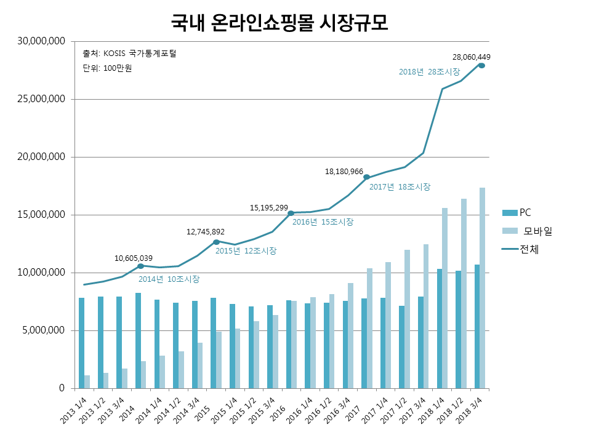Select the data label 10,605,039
click(x=134, y=258)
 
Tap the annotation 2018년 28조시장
click(x=429, y=72)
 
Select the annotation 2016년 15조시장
click(x=323, y=222)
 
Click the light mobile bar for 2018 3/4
click(x=482, y=288)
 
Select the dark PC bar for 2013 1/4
click(x=81, y=343)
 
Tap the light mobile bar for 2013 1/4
click(x=87, y=381)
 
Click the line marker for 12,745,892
click(x=216, y=242)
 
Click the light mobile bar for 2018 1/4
click(x=444, y=298)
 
